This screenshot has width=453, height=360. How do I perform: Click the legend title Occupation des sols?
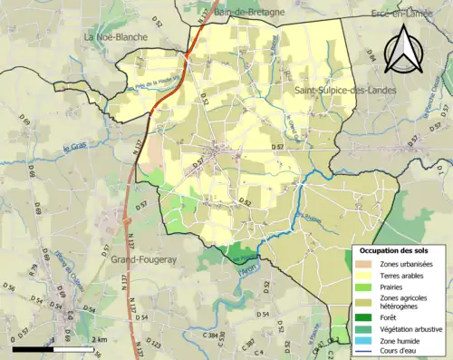(395, 250)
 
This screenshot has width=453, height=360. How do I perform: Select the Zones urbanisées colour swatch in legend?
(365, 264)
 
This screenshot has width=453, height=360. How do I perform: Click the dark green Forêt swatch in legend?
(365, 317)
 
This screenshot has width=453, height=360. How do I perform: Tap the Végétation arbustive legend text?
(412, 329)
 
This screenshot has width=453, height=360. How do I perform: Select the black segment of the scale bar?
(32, 348)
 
